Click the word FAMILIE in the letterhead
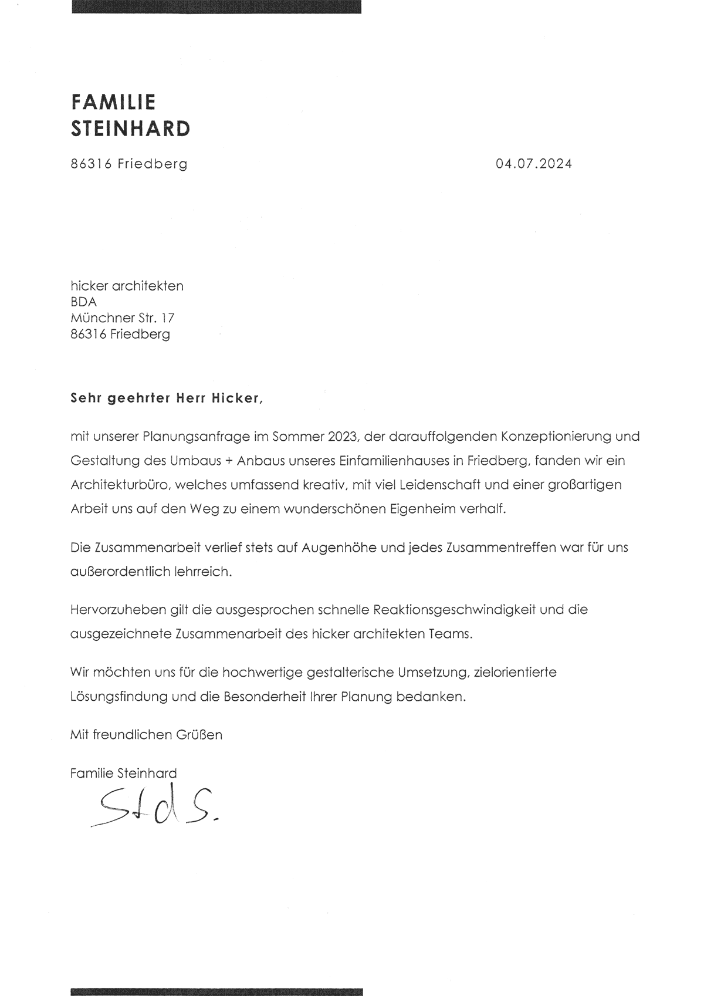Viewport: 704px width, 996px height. [x=113, y=102]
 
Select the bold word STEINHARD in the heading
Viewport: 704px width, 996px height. [x=130, y=129]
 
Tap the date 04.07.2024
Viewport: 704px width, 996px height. [x=533, y=164]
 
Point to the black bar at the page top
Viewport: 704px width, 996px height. [x=216, y=6]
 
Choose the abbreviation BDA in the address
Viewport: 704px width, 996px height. [x=83, y=302]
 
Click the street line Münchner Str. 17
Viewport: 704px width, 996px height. [x=122, y=318]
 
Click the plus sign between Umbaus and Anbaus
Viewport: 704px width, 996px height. [x=226, y=461]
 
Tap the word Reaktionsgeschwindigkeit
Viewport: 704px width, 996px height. [x=442, y=610]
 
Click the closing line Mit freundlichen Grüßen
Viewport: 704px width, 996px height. [x=146, y=734]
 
